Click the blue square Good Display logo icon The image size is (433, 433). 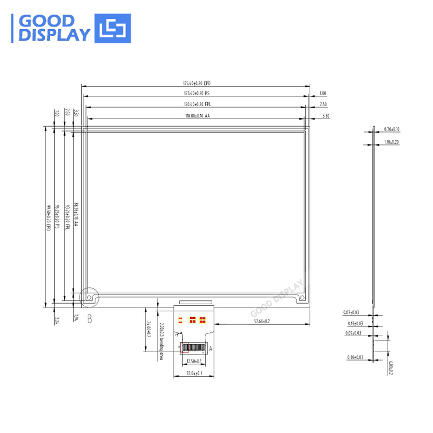[x=113, y=28]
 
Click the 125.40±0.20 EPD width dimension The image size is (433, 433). [x=196, y=83]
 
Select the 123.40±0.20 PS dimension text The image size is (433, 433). [x=196, y=94]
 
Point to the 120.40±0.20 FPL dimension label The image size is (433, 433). [x=196, y=104]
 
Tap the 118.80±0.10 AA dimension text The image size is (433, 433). [x=196, y=116]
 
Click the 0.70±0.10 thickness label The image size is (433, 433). [x=391, y=129]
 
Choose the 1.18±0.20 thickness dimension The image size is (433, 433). [x=391, y=142]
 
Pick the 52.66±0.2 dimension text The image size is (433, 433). [x=262, y=322]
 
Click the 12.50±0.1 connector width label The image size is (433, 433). [x=194, y=360]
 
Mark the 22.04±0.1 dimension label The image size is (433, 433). [x=194, y=373]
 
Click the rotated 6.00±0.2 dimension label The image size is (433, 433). [x=391, y=369]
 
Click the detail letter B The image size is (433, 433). [x=90, y=319]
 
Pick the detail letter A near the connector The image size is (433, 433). [x=211, y=349]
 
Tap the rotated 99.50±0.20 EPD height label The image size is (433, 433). [x=48, y=218]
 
